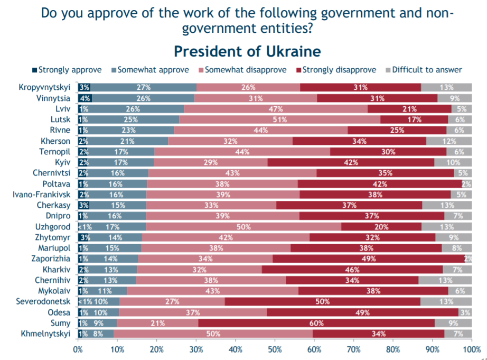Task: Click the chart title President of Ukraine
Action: click(247, 51)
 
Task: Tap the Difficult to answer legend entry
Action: click(427, 70)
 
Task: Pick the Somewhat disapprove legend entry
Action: click(246, 70)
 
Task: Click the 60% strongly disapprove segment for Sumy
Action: click(316, 323)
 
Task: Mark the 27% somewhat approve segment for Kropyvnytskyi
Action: click(143, 87)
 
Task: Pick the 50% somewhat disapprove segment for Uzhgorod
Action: click(243, 227)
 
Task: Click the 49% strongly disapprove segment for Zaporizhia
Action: click(368, 259)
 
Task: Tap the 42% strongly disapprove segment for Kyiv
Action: click(351, 162)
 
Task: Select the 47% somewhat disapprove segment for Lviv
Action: click(275, 109)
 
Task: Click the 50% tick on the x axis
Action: click(275, 349)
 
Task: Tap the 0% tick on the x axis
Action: click(78, 349)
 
